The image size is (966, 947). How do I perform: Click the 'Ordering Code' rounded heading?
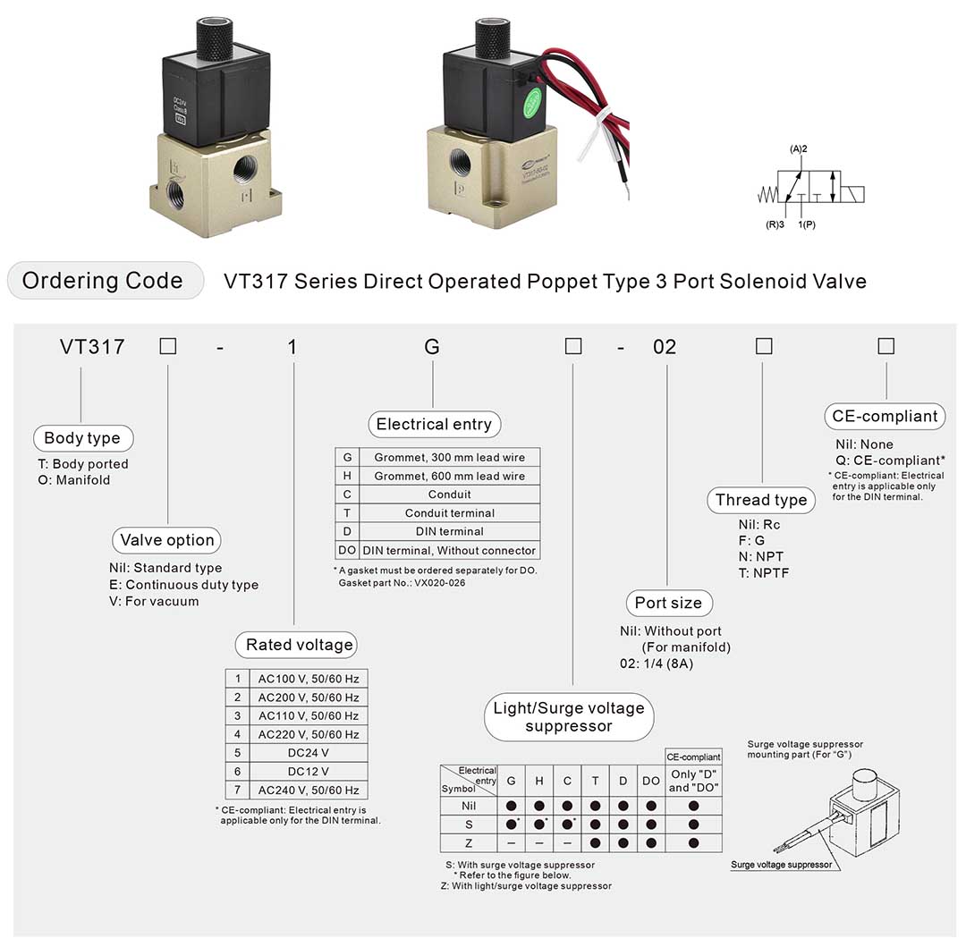click(x=102, y=281)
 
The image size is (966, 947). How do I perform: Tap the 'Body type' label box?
click(x=82, y=438)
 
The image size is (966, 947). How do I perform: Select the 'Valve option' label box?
click(x=167, y=540)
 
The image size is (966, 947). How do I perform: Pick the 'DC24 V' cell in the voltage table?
click(x=308, y=753)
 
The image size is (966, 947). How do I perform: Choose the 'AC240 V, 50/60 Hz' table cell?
click(x=308, y=790)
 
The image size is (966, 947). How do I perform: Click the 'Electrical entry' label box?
click(x=434, y=424)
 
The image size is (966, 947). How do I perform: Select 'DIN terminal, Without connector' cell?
click(x=449, y=551)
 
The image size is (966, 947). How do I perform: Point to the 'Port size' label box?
click(x=668, y=603)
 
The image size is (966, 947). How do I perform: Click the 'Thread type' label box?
click(x=761, y=500)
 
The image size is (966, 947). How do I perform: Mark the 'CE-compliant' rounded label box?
click(x=885, y=416)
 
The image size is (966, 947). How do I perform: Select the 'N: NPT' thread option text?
click(x=761, y=557)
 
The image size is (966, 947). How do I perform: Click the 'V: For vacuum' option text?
click(x=148, y=601)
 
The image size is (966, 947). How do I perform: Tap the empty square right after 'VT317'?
click(x=168, y=346)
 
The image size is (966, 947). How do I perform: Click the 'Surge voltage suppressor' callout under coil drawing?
click(x=781, y=865)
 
